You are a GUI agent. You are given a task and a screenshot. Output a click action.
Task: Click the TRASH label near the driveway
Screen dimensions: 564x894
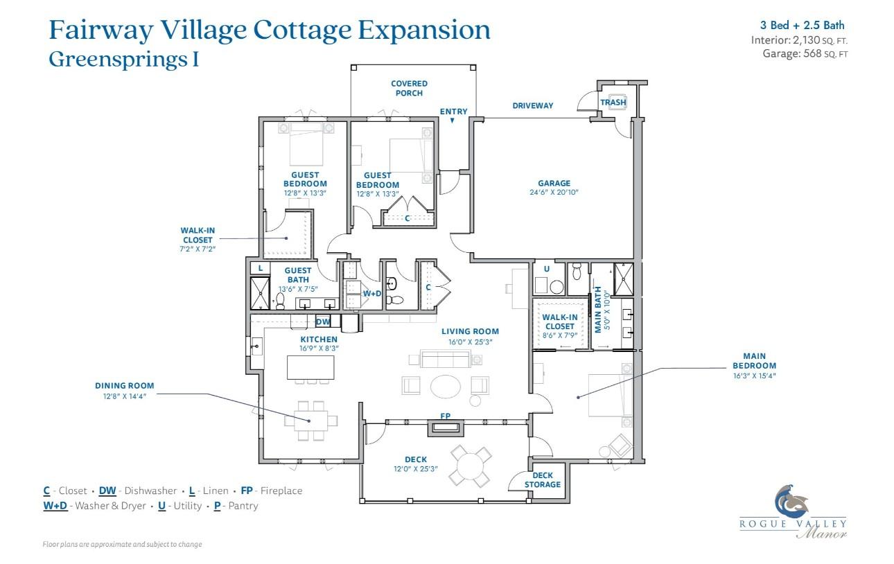(613, 103)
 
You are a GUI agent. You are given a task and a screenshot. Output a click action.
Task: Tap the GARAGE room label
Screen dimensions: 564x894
(554, 184)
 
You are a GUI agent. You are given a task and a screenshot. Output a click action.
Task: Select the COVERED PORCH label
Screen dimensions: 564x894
(409, 88)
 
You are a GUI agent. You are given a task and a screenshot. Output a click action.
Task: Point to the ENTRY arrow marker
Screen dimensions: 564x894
(452, 121)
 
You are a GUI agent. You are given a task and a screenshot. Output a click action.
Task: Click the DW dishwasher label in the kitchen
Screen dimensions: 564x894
(323, 321)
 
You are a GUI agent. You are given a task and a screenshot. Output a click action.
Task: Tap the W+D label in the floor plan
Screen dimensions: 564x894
(372, 294)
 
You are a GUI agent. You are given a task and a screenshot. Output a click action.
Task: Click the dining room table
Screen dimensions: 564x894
(310, 420)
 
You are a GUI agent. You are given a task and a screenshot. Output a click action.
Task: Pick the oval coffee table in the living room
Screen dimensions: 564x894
(445, 386)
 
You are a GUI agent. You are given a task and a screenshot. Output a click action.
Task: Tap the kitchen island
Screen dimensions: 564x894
(310, 367)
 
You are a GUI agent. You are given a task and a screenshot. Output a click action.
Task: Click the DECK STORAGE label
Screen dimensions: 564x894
(543, 480)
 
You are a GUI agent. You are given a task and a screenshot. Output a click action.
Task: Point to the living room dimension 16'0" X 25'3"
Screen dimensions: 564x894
(470, 342)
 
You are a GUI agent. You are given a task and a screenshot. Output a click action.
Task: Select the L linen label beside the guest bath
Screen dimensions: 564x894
(260, 268)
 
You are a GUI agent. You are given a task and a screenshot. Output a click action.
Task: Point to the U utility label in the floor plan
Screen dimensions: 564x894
(546, 269)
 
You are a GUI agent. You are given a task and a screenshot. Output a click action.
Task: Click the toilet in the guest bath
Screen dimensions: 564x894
(281, 300)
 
